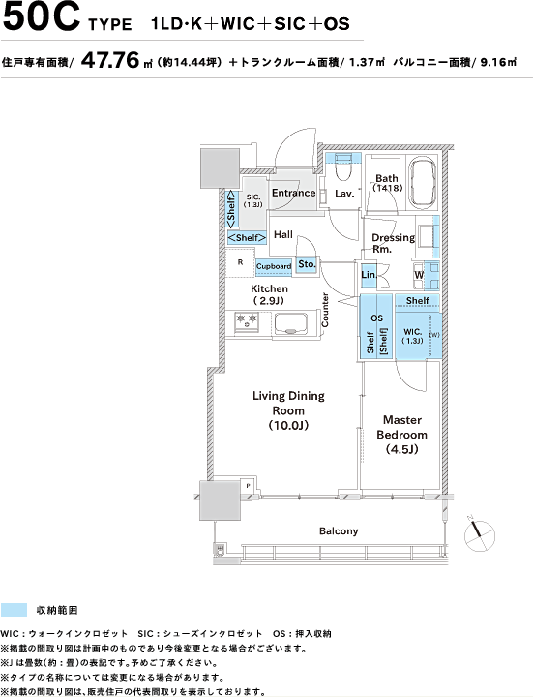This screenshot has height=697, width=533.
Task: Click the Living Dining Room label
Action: tap(288, 410)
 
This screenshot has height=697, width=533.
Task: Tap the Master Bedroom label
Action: tap(402, 435)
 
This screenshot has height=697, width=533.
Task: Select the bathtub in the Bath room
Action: tap(424, 183)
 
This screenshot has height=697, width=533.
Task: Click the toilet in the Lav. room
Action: tap(342, 166)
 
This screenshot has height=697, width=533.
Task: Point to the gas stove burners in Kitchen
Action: tap(247, 321)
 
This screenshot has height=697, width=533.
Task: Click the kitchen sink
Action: tap(291, 323)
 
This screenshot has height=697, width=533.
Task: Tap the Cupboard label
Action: tap(274, 266)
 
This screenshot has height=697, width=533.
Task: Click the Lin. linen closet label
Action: tap(369, 275)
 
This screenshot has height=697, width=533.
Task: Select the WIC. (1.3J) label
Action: tap(413, 336)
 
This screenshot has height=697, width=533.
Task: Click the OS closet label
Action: tap(376, 318)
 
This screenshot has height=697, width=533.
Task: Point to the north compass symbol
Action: tap(479, 533)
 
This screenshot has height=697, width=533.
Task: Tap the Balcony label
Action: tap(339, 530)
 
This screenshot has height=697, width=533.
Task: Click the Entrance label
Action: tap(294, 193)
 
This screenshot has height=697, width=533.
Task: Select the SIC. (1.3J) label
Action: tap(253, 200)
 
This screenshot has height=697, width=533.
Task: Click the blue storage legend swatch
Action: tap(14, 610)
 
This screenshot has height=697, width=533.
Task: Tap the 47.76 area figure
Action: tap(110, 60)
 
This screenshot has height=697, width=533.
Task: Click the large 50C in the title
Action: tap(41, 17)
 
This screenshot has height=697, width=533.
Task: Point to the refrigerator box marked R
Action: tap(240, 262)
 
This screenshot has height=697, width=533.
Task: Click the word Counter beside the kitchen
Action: tap(325, 310)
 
